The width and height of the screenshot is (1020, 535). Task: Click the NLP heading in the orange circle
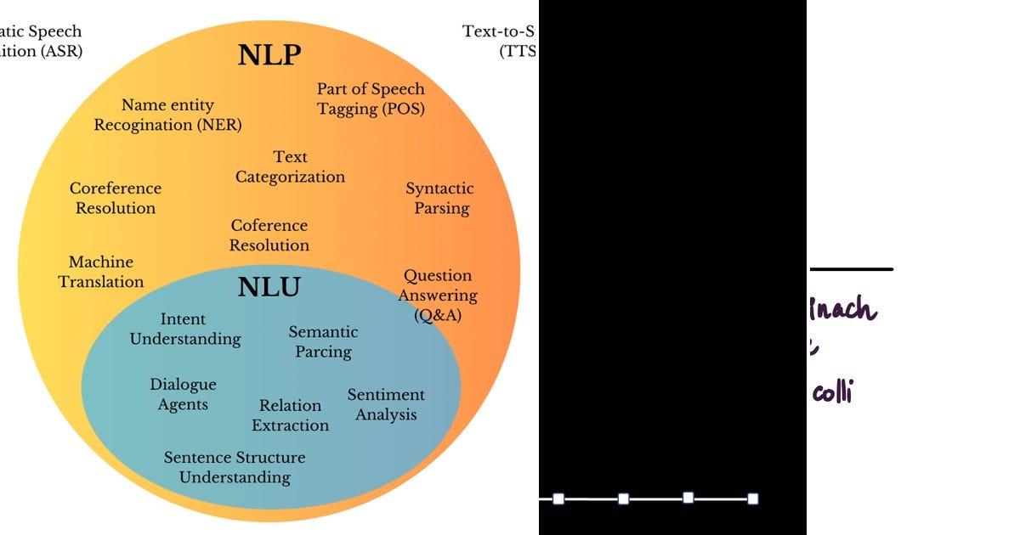[x=269, y=55]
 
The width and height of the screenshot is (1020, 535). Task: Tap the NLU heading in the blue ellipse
[x=269, y=288]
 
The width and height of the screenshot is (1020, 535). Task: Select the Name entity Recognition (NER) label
[x=167, y=115]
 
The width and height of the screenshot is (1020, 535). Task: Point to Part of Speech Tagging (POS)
[x=371, y=99]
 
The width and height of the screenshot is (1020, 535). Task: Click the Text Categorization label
[x=290, y=167]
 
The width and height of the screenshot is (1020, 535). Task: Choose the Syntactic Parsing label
[x=440, y=198]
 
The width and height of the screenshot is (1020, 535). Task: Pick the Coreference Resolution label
[x=116, y=198]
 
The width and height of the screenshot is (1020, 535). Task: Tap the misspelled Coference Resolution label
[x=269, y=235]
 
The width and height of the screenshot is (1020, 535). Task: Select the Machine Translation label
[x=101, y=272]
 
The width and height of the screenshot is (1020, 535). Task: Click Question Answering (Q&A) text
[x=437, y=296]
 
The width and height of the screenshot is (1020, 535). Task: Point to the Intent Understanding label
[x=184, y=329]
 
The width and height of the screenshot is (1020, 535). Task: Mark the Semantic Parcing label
[x=323, y=341]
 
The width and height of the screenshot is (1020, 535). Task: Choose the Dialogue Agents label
[x=183, y=395]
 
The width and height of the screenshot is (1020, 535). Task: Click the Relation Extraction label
[x=290, y=415]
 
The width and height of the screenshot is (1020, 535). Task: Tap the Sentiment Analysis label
[x=386, y=405]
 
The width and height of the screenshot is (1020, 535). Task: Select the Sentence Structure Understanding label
[x=235, y=467]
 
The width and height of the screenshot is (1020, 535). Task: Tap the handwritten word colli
[x=832, y=392]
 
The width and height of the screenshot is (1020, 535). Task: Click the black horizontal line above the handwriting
[x=850, y=269]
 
